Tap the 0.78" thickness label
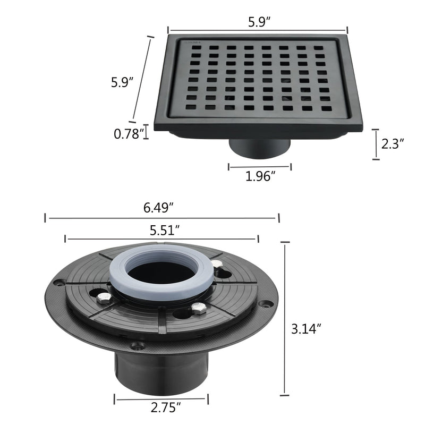129,134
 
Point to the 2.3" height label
393,143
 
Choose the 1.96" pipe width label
260,176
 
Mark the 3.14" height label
308,329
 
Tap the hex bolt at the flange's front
198,309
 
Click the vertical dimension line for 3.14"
285,319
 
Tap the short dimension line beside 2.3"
376,144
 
